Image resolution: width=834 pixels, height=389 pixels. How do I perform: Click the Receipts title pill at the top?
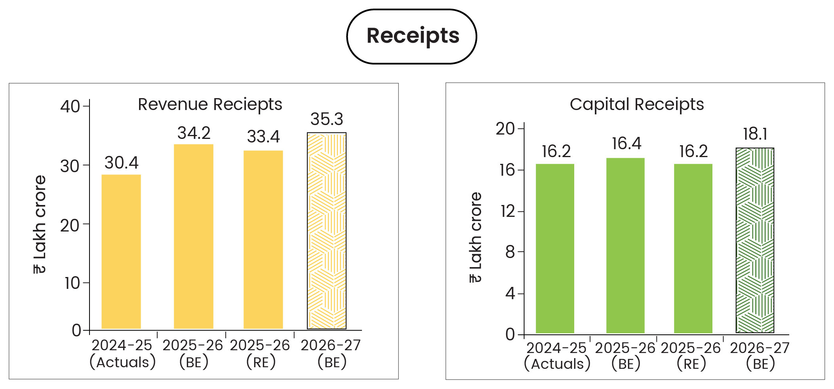[x=412, y=36]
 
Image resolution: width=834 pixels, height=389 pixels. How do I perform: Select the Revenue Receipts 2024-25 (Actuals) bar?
[x=121, y=252]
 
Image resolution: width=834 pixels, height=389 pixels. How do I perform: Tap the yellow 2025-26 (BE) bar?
[x=193, y=237]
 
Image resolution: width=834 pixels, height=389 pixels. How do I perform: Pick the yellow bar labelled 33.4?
[x=263, y=240]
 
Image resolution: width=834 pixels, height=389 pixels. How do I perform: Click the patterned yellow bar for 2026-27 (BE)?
[x=327, y=231]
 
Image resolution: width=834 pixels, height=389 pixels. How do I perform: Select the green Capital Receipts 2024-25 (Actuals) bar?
[x=555, y=249]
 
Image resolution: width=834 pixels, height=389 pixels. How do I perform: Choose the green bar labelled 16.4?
[x=625, y=245]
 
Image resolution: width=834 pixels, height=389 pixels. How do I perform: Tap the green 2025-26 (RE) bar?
[x=693, y=249]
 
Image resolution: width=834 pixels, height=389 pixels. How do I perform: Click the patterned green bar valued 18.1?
[x=755, y=241]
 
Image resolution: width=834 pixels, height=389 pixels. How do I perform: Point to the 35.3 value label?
[x=327, y=119]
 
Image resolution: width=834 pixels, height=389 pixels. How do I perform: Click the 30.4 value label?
[x=121, y=163]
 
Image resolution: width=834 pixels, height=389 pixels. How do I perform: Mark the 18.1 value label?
[x=755, y=134]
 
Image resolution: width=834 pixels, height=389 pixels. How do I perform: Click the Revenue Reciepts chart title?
[x=210, y=104]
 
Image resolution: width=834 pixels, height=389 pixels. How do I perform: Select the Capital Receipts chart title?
[x=637, y=104]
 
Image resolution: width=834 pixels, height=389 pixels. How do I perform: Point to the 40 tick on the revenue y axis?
[x=70, y=106]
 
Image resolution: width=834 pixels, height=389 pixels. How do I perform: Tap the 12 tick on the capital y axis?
[x=507, y=211]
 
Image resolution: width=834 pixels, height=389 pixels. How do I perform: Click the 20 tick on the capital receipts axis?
[x=505, y=129]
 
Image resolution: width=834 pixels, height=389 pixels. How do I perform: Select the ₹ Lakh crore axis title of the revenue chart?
[x=40, y=224]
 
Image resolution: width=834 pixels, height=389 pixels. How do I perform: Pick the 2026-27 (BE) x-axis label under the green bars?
[x=760, y=356]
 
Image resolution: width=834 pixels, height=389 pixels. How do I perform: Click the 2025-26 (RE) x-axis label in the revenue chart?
[x=260, y=353]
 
